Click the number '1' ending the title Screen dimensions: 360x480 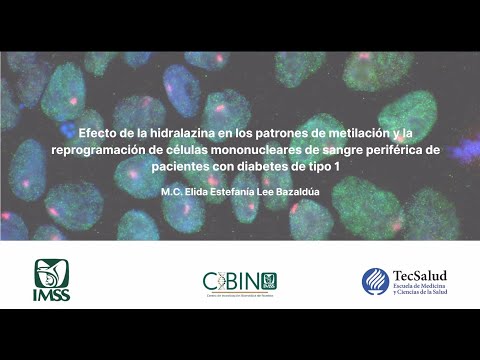pyautogui.click(x=337, y=165)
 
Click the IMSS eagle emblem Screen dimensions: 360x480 pyautogui.click(x=52, y=272)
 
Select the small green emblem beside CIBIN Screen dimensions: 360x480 pyautogui.click(x=268, y=280)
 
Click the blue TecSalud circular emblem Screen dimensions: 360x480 pyautogui.click(x=376, y=281)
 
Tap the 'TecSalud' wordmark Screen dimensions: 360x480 pyautogui.click(x=419, y=275)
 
